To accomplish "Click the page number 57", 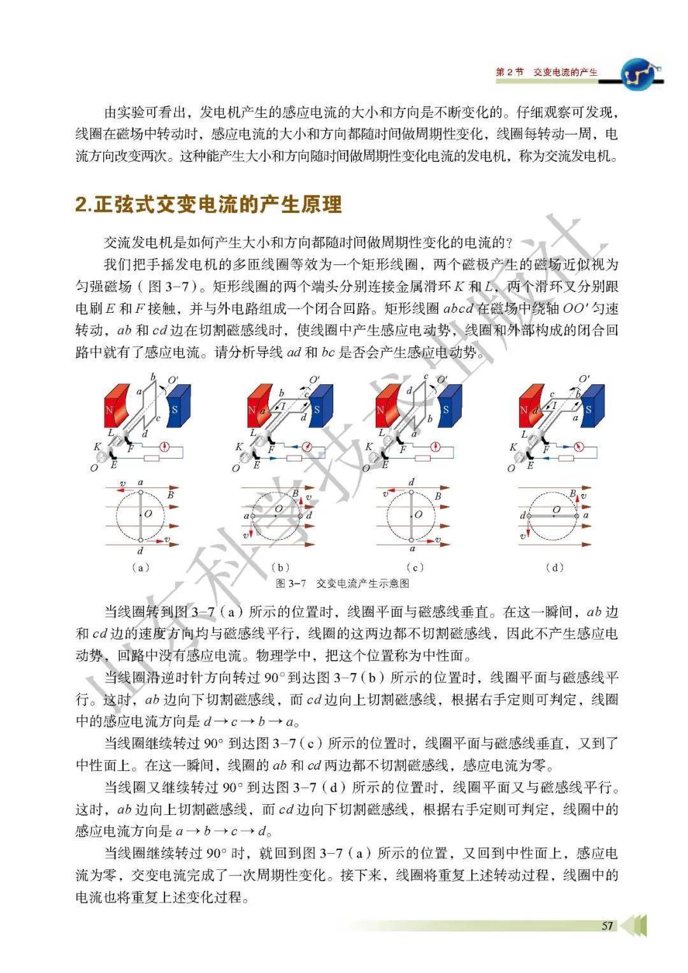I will click(x=607, y=925).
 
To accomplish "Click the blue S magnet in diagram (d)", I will click(x=591, y=405).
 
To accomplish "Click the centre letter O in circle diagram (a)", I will click(x=148, y=514).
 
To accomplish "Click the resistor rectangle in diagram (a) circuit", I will click(x=152, y=458).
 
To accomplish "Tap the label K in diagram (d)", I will click(x=513, y=447).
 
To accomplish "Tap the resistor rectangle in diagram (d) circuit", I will click(x=564, y=458).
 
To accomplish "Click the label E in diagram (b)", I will click(x=256, y=466).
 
